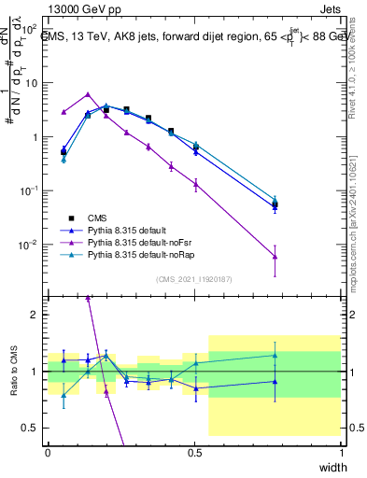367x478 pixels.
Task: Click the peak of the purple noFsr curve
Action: click(x=88, y=94)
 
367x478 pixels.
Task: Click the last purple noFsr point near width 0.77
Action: click(x=275, y=257)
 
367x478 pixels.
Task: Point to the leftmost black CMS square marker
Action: click(x=64, y=151)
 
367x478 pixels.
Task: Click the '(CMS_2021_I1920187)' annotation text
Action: click(x=193, y=278)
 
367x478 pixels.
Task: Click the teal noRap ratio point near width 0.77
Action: click(x=275, y=355)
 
